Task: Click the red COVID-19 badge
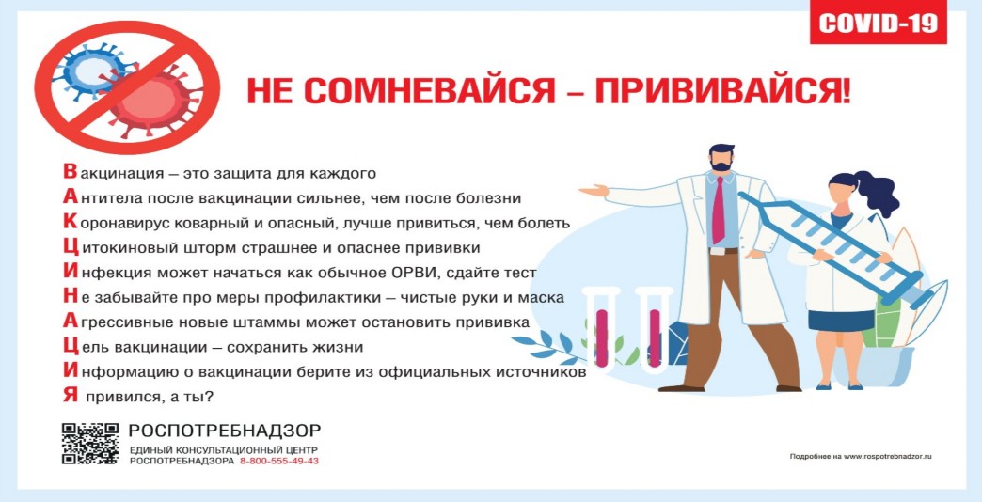[878, 23]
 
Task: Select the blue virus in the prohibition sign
[91, 71]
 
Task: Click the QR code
[90, 443]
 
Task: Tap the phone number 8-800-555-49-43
[279, 462]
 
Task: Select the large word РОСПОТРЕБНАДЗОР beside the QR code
[225, 431]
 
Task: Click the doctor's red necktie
[718, 211]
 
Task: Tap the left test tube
[601, 332]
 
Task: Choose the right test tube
[653, 332]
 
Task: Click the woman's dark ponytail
[877, 194]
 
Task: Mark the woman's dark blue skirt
[841, 320]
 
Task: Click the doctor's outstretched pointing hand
[593, 190]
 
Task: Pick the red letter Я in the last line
[71, 396]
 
